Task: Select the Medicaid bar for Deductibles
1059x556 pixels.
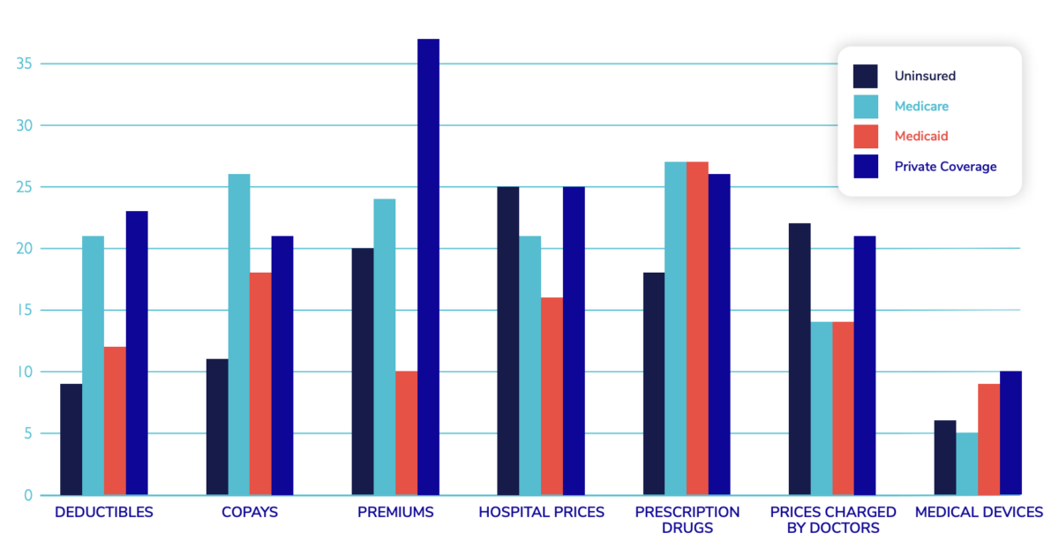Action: [115, 421]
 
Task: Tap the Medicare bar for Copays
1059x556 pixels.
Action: [239, 334]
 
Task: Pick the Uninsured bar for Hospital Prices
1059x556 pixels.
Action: [508, 341]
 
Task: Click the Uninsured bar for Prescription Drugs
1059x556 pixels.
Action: [654, 384]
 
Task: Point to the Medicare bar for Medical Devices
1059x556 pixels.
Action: [967, 464]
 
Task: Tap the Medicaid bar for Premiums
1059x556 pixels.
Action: [406, 433]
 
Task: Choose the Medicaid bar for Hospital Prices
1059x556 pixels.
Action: [552, 396]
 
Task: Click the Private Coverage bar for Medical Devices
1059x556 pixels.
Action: [1010, 433]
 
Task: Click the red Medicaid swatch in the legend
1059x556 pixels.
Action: [866, 136]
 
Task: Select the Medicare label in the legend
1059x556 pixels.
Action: [921, 106]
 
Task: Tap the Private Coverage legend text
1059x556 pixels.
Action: [945, 166]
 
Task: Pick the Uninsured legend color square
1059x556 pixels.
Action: [866, 76]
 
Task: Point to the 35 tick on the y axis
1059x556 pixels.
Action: [24, 64]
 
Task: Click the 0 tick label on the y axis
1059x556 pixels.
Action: [28, 495]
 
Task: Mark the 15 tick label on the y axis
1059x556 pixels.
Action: [24, 310]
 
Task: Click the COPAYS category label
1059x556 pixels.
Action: [250, 512]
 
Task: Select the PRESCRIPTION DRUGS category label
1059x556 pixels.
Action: [687, 520]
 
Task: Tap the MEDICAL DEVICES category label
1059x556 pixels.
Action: [979, 512]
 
